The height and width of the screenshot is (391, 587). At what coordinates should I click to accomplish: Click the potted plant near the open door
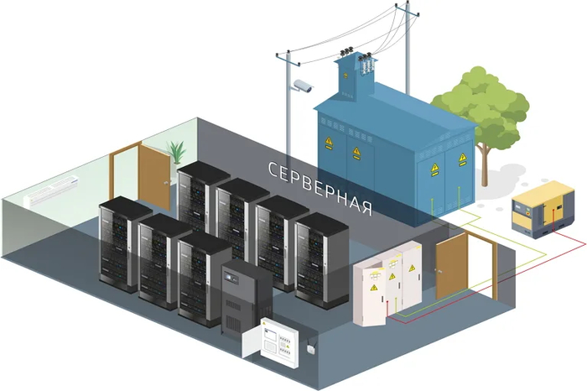(177, 154)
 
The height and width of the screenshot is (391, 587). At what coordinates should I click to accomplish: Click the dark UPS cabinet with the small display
(246, 298)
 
